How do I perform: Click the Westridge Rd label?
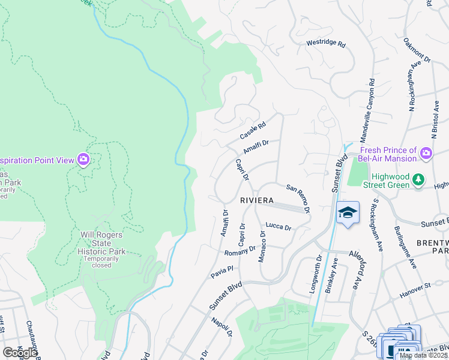(326, 44)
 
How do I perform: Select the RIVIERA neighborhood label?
(257, 200)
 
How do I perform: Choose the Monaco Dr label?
(262, 245)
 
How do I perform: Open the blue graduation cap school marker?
(348, 213)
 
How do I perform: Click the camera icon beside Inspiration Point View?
(83, 160)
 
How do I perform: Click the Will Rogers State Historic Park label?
(104, 243)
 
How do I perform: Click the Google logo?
(19, 352)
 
